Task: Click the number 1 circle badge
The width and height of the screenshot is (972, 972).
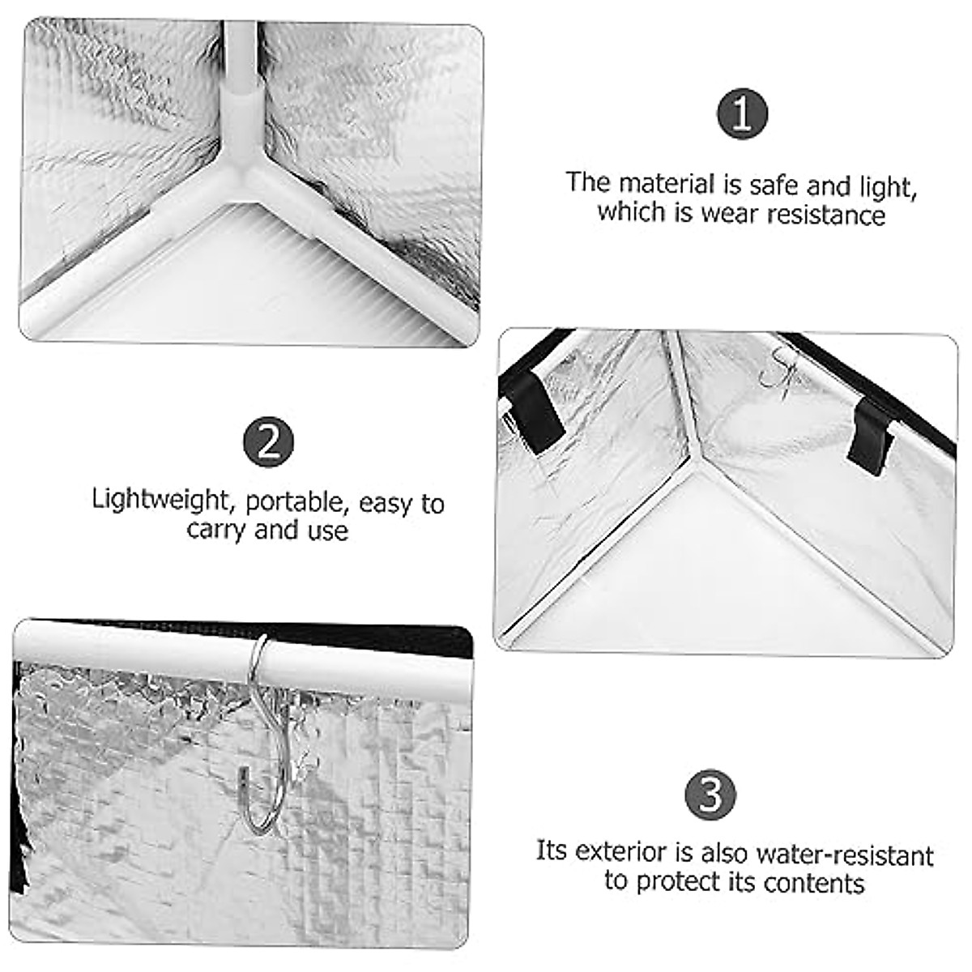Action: (742, 114)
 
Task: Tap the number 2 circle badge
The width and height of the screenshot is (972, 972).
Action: (268, 442)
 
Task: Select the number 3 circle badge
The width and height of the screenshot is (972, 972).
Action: (710, 794)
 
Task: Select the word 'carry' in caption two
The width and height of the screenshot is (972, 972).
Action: (216, 531)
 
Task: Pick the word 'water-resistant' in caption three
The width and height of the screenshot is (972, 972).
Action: (844, 855)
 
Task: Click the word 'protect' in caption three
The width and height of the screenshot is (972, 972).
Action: (680, 882)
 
